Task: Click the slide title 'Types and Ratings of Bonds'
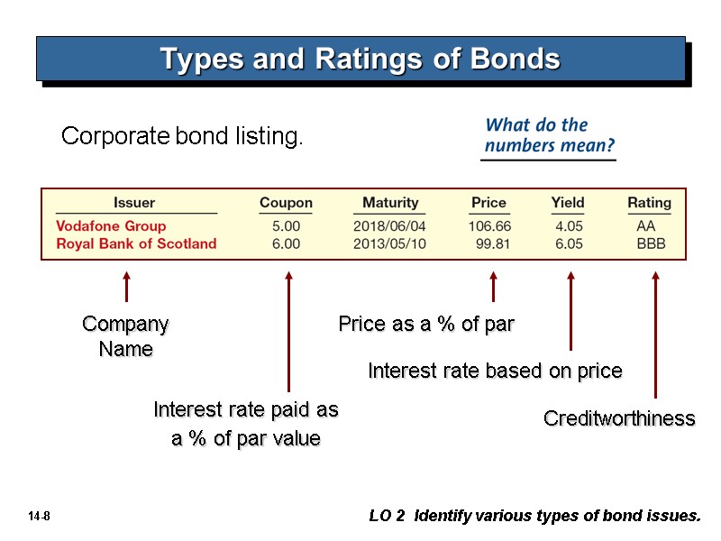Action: (360, 60)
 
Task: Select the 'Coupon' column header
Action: (286, 203)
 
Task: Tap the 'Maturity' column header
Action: (390, 203)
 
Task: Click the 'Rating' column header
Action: (649, 203)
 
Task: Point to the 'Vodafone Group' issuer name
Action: (111, 226)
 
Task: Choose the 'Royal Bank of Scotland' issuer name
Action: (136, 243)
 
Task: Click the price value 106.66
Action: (489, 226)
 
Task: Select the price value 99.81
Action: (493, 243)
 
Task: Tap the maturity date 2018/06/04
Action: (389, 226)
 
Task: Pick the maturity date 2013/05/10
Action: (389, 243)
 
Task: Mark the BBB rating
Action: (651, 243)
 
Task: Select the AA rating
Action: (646, 226)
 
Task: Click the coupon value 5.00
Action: (286, 226)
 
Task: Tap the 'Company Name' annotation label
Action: (125, 336)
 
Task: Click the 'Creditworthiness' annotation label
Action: (619, 418)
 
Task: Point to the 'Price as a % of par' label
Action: (425, 324)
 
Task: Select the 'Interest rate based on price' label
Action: (495, 371)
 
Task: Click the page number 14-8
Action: (39, 517)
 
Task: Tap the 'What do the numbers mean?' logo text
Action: (548, 134)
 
